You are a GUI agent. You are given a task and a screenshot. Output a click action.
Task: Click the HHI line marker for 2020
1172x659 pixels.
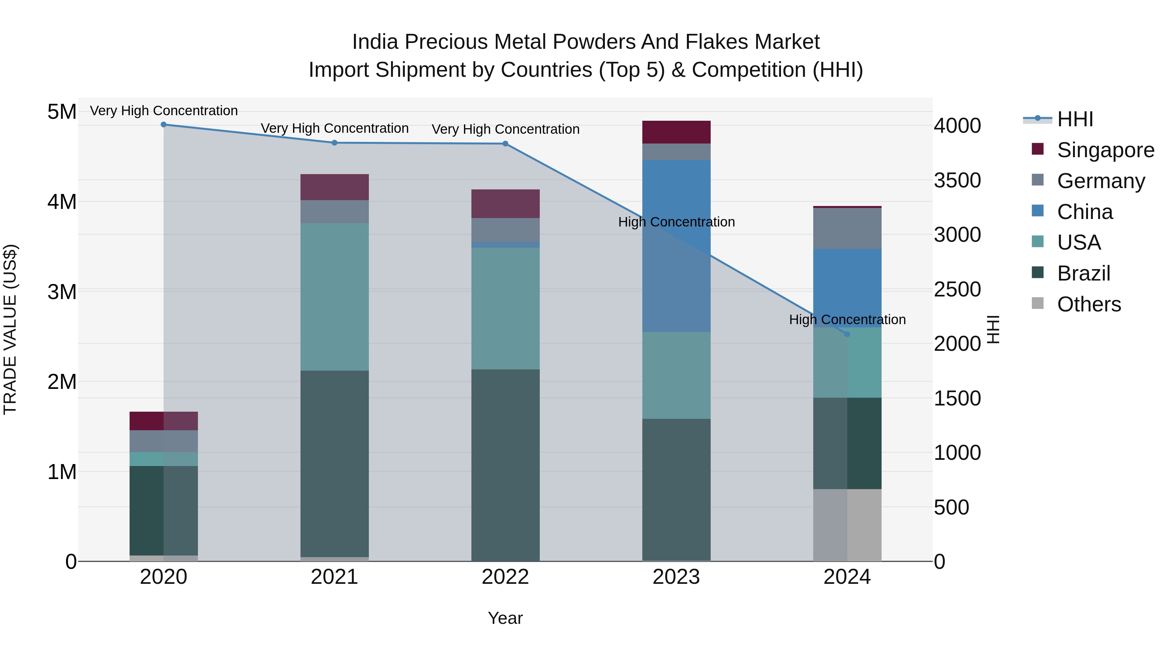pos(164,125)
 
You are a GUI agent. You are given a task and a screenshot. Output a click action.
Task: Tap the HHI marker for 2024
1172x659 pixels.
pos(847,334)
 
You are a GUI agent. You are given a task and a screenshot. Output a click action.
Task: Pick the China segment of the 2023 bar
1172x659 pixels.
pos(676,246)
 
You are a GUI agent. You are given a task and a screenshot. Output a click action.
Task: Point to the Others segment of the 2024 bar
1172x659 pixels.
pos(847,525)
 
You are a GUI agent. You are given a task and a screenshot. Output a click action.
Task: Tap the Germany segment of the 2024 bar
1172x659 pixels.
pos(847,228)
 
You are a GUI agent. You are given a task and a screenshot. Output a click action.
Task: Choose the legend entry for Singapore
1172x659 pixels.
pos(1106,150)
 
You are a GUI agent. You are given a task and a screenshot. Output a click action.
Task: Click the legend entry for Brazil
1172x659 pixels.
pos(1084,273)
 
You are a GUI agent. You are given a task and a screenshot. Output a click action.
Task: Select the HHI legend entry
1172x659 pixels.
pos(1075,119)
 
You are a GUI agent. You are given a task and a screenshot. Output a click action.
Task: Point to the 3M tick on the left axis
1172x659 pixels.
pos(62,292)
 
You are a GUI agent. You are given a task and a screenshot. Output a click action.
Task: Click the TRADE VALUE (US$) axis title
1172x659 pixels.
pos(10,329)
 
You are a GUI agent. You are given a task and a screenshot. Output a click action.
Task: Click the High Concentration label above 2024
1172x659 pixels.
pos(847,320)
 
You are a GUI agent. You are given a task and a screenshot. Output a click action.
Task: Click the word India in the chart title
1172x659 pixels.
pos(375,42)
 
